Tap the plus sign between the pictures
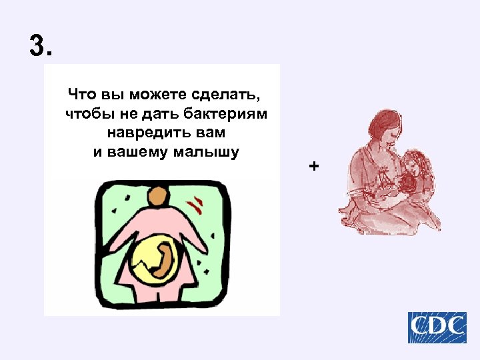click(315, 165)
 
